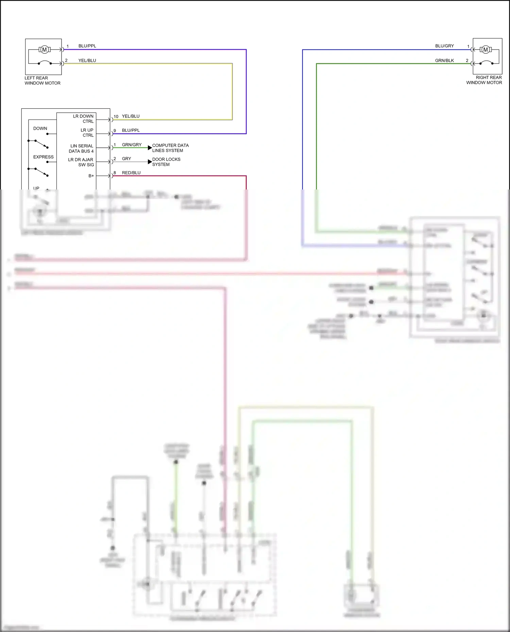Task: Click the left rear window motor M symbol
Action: [x=44, y=50]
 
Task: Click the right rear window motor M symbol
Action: [x=486, y=50]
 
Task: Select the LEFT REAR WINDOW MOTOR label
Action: [x=42, y=80]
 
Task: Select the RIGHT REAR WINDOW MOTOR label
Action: [x=484, y=80]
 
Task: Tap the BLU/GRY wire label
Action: [x=444, y=46]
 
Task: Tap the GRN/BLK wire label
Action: [x=444, y=60]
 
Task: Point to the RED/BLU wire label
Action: [x=131, y=173]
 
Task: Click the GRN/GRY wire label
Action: [x=132, y=145]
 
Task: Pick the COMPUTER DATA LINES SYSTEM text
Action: [x=170, y=148]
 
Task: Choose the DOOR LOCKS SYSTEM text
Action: [x=166, y=162]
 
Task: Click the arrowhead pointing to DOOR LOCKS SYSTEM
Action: [x=150, y=162]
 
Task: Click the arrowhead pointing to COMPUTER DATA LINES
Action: [x=150, y=148]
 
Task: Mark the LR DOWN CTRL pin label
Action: [x=83, y=119]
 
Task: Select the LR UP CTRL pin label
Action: [x=87, y=132]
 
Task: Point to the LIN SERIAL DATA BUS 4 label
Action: [x=81, y=148]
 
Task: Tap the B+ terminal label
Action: [x=91, y=176]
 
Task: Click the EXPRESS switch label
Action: [x=43, y=157]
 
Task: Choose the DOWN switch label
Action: [x=40, y=128]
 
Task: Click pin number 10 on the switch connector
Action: [x=116, y=116]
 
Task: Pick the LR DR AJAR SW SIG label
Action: [x=81, y=162]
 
